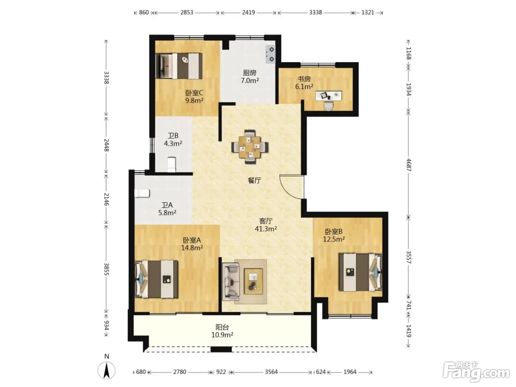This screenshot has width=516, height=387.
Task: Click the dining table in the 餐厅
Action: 250,147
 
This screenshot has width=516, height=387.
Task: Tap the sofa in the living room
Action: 231,282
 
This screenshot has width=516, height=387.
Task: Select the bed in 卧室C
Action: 179,66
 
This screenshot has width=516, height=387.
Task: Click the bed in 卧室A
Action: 156,279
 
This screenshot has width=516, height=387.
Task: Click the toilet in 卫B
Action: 171,164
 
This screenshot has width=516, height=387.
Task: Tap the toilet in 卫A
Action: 142,193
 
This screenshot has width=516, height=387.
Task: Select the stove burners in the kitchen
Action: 270,55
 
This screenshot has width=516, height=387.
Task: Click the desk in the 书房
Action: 329,95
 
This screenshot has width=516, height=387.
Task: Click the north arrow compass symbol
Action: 107,370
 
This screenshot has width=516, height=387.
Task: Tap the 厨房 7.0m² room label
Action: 250,77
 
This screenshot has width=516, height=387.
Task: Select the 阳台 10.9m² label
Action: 222,331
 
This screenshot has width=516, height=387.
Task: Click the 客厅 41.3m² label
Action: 266,224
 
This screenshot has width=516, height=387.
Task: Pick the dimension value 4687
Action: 409,165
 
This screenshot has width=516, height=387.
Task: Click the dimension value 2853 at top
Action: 186,12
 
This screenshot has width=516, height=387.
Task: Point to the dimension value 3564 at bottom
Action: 271,372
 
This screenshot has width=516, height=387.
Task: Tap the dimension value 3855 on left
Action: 107,269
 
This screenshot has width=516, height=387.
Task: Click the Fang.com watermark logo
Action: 476,372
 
